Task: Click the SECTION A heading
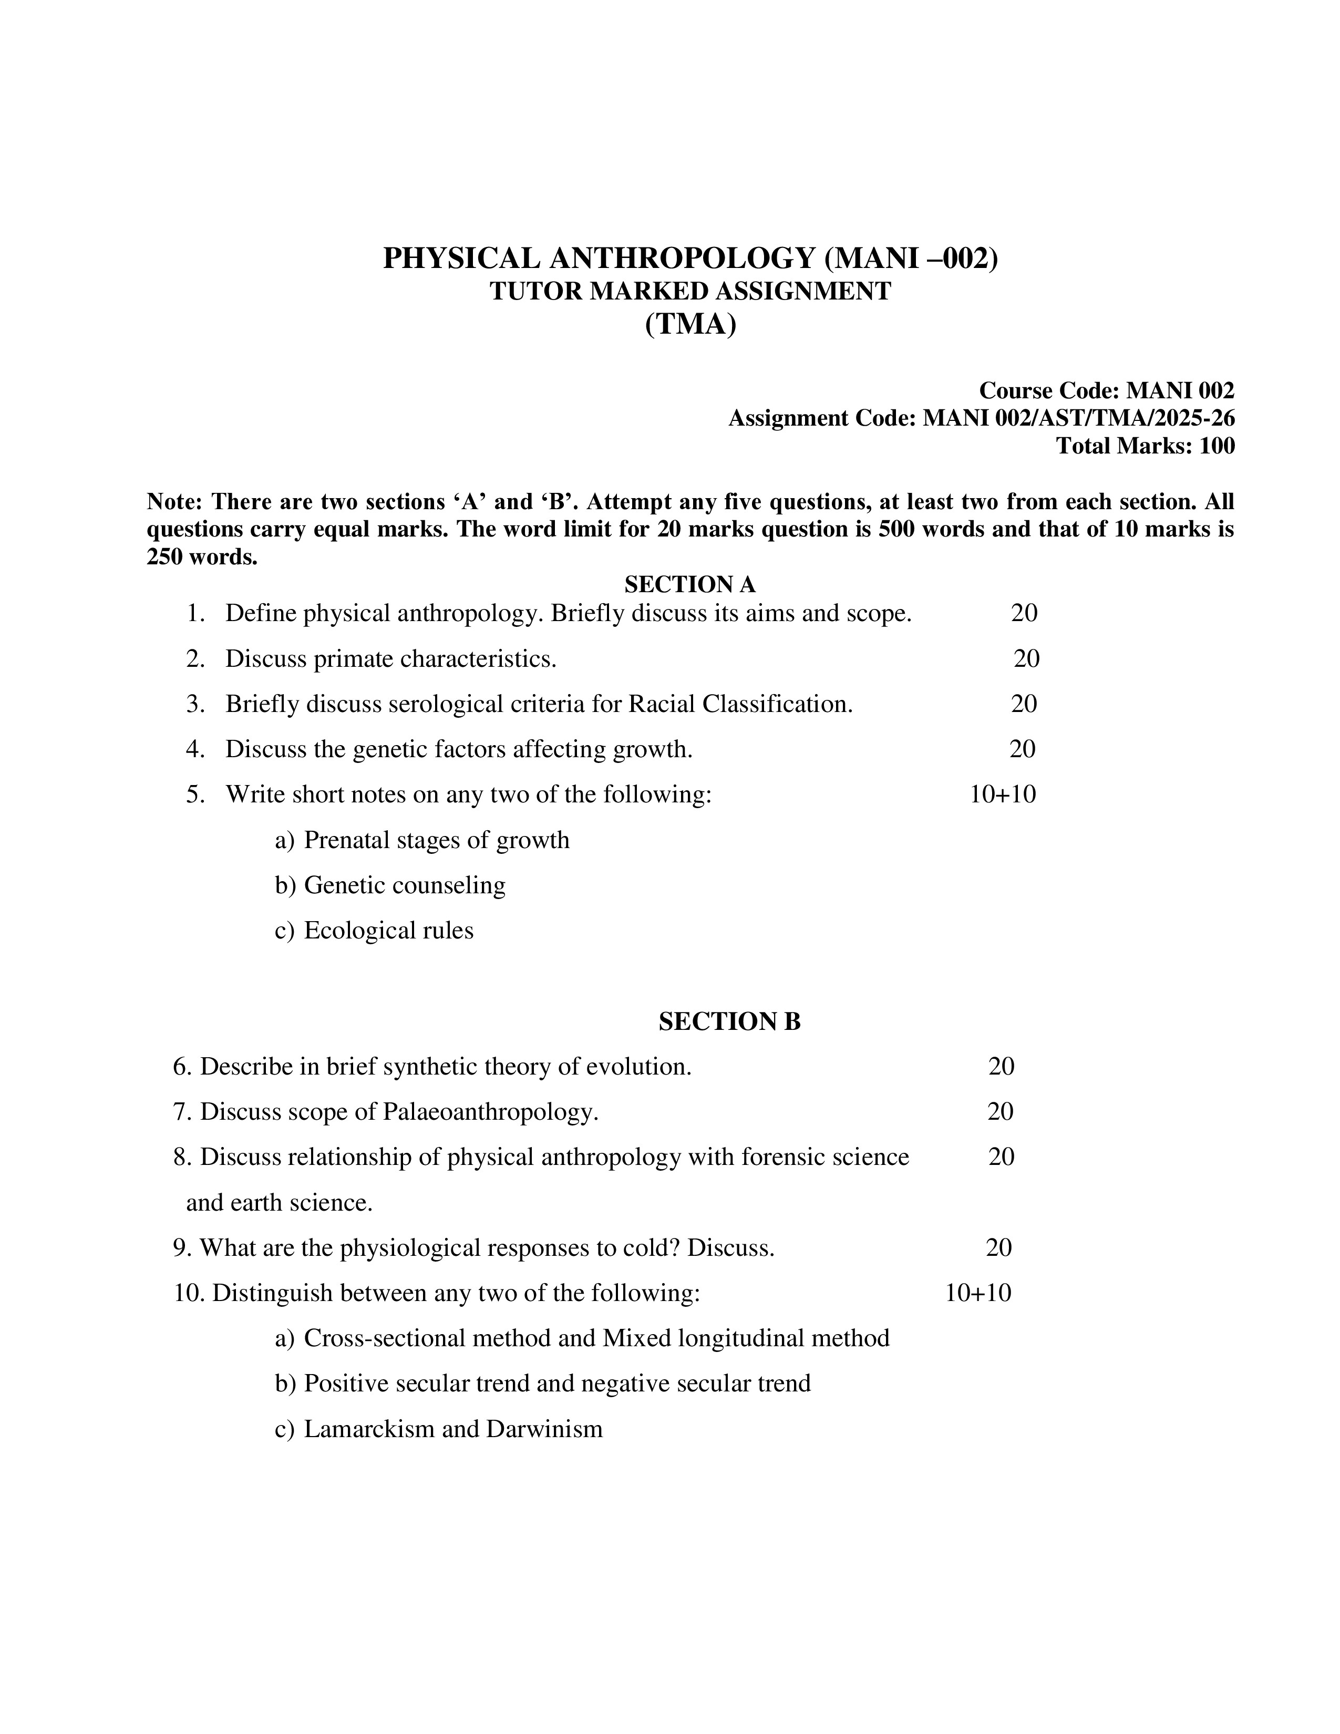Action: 690,584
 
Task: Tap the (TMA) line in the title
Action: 690,325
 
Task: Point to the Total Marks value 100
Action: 1217,446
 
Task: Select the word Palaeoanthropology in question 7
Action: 490,1111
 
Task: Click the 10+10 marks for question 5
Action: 1003,794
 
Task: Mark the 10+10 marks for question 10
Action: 978,1293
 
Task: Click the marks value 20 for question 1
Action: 1024,613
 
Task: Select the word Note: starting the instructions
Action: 176,502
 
